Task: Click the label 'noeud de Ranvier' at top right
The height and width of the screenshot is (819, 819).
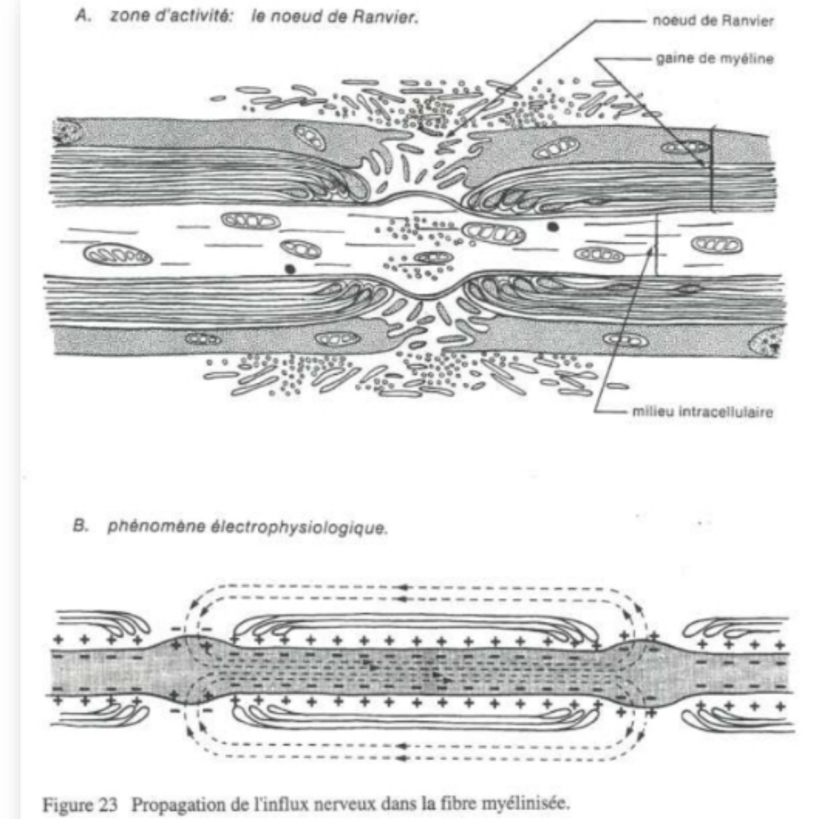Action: [x=713, y=21]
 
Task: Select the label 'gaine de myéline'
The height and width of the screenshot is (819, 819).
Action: [x=715, y=59]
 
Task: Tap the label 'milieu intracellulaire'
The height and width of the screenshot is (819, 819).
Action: [x=702, y=412]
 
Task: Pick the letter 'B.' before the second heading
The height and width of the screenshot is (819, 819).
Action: [x=80, y=526]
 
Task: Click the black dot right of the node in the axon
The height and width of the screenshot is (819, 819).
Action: [x=553, y=227]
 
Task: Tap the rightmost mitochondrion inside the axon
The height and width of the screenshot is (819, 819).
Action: [x=716, y=246]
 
